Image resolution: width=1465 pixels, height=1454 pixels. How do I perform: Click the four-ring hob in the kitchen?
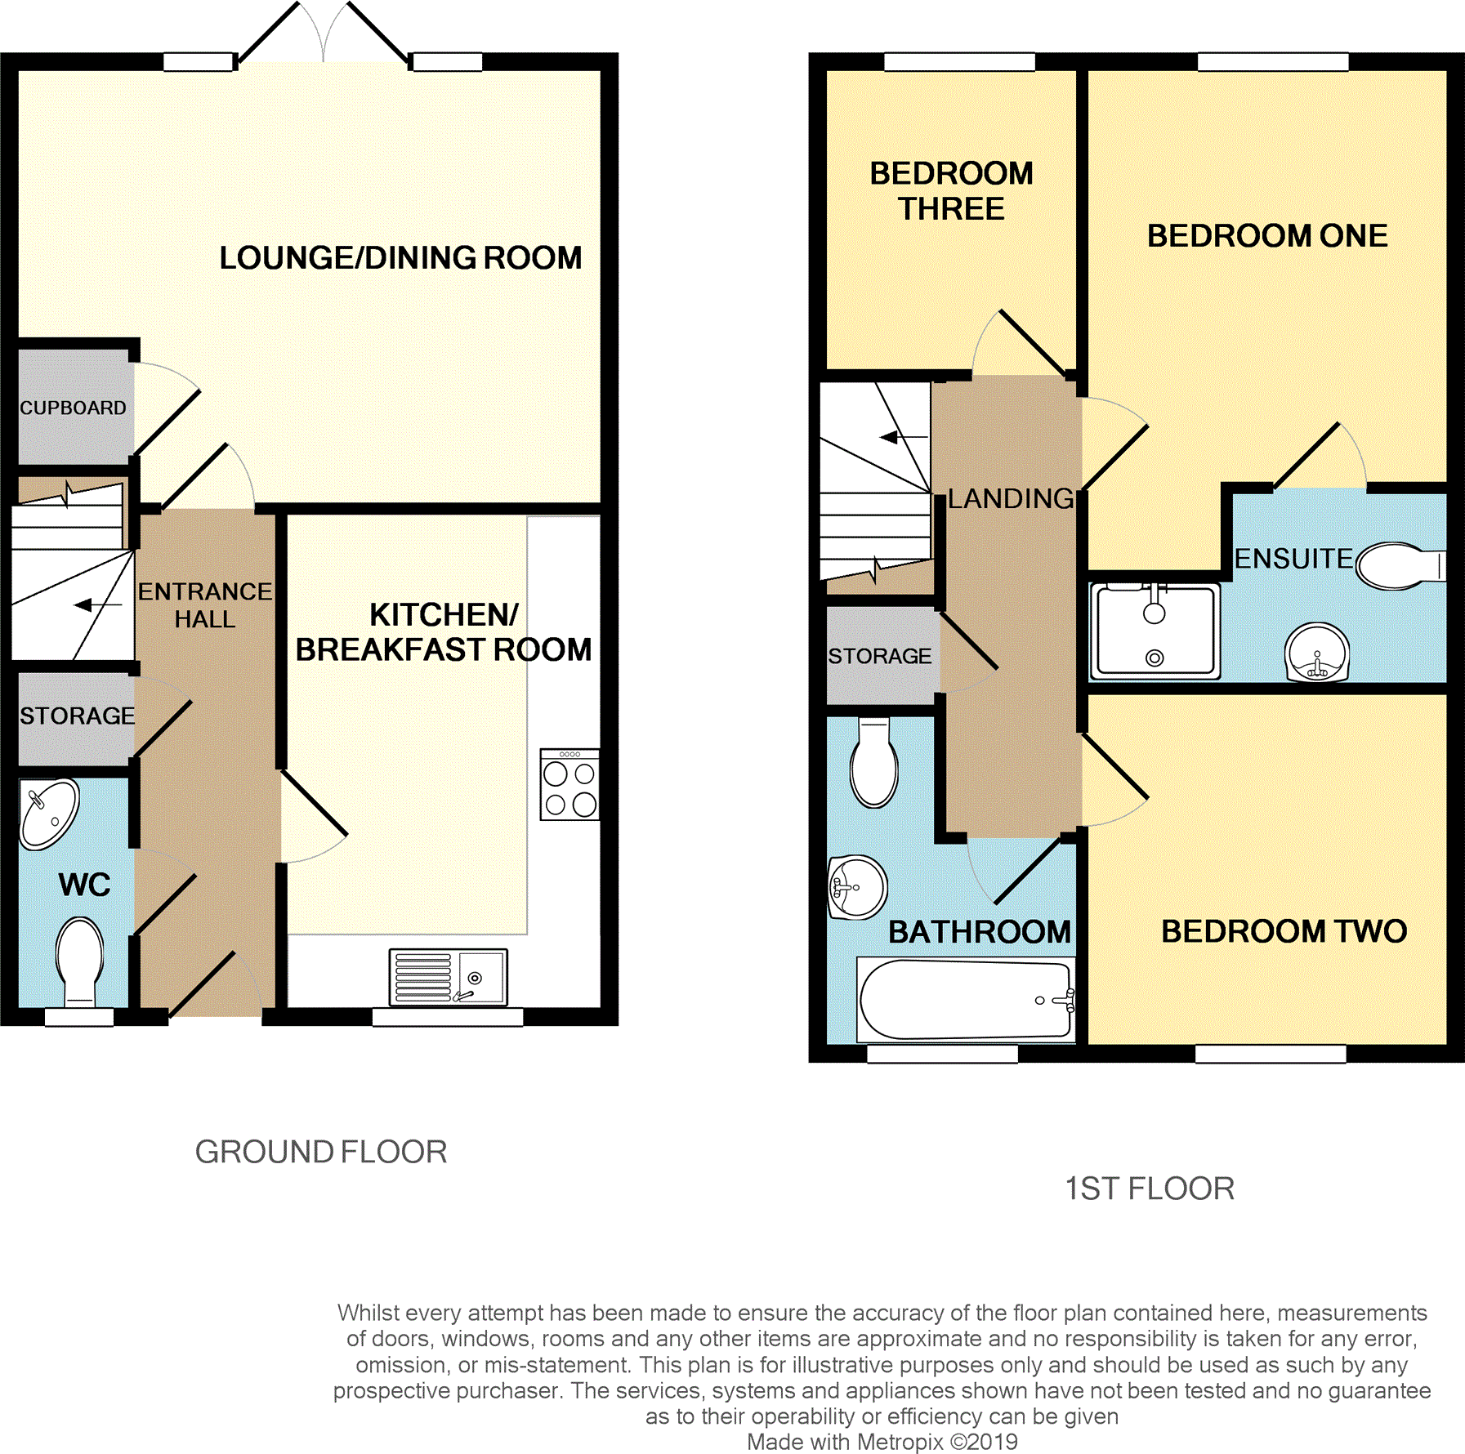point(569,784)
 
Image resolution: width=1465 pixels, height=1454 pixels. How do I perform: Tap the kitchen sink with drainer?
point(448,976)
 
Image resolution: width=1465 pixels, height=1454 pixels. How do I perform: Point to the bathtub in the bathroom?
point(966,1000)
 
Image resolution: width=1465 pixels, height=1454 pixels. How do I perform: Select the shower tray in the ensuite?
point(1155,631)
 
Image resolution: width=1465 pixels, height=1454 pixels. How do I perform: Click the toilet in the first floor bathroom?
point(874,762)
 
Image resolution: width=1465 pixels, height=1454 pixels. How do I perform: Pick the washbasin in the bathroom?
point(857,887)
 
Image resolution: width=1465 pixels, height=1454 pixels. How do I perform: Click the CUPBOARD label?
point(73,408)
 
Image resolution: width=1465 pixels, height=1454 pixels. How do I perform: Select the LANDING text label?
point(1011,498)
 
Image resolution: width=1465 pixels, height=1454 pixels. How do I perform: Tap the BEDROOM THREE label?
point(951,191)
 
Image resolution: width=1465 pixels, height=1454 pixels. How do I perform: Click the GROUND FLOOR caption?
point(321,1152)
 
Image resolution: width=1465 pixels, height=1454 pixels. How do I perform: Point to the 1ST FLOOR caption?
point(1150,1189)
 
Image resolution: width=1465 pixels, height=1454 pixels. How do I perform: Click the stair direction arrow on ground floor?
point(98,605)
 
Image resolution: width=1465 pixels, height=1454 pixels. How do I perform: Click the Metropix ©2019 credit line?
point(882,1442)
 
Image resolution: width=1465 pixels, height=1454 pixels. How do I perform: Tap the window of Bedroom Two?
point(1271,1054)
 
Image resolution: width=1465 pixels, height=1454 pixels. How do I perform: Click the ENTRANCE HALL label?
point(205,605)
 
